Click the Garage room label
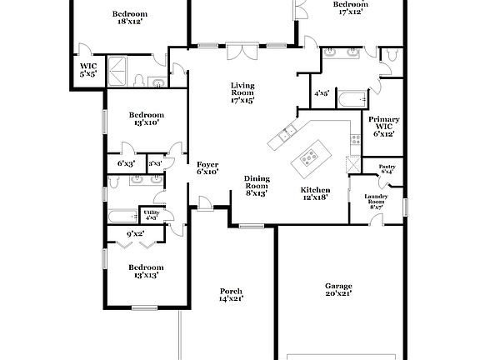pos(337,289)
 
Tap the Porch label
pos(231,294)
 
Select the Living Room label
pos(242,92)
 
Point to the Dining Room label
pos(256,185)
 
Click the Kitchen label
pos(316,193)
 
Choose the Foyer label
pos(207,167)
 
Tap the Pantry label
pos(387,169)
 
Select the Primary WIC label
pos(384,125)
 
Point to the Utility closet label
pos(151,215)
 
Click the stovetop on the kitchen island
pos(310,154)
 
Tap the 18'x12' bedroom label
pos(129,18)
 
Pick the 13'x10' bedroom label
pos(146,118)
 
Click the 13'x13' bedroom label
pos(144,270)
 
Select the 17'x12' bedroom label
pos(350,8)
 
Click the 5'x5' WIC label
pos(88,69)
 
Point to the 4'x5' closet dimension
pos(322,93)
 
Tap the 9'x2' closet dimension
pos(136,234)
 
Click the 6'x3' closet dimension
pos(126,164)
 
